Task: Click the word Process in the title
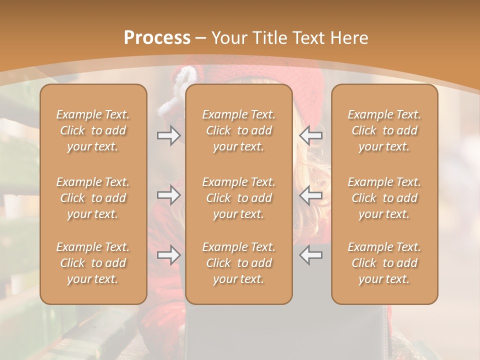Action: tap(157, 38)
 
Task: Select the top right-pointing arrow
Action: tap(168, 135)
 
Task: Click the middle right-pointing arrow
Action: tap(168, 194)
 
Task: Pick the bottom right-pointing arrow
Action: tap(168, 255)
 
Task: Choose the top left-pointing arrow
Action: tap(310, 135)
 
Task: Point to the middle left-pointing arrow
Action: tap(310, 194)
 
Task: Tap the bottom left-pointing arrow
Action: tap(310, 255)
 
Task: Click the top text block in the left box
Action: tap(93, 130)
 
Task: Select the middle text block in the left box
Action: tap(93, 198)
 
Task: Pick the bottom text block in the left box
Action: tap(93, 263)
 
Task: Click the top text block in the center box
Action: tap(238, 130)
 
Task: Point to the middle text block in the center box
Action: tap(238, 198)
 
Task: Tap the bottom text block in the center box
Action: tap(238, 263)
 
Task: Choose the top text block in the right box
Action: tap(384, 130)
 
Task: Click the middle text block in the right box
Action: tap(384, 198)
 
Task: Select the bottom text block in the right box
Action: tap(384, 263)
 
